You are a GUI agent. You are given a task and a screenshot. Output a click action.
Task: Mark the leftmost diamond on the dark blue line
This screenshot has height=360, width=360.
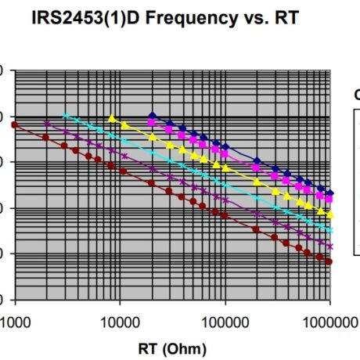tap(153, 115)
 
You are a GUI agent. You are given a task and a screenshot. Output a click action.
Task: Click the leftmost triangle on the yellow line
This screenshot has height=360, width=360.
tap(113, 118)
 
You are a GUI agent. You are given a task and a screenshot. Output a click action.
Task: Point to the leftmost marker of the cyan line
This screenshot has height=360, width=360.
tap(65, 115)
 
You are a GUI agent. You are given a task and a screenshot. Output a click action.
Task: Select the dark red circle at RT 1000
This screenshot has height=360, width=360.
tap(14, 124)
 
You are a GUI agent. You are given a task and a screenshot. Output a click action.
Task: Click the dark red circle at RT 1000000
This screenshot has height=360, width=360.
tap(329, 261)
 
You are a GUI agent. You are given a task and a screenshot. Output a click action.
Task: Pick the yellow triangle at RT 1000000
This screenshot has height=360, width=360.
tap(330, 214)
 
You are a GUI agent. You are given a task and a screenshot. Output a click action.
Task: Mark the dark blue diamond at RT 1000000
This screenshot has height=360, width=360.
tap(330, 193)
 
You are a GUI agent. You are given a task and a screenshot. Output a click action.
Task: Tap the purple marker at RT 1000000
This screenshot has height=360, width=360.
tap(330, 247)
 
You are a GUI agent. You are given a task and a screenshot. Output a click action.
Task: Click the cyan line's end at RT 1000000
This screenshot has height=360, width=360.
tap(330, 230)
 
